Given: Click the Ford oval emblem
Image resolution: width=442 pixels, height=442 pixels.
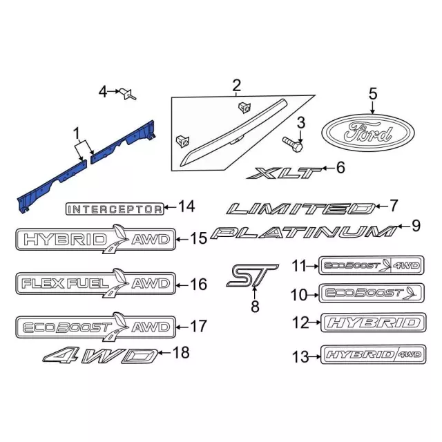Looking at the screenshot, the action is click(x=368, y=133).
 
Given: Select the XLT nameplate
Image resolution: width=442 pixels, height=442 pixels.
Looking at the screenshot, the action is click(x=284, y=173).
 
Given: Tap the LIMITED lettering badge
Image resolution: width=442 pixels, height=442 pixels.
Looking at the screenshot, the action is click(x=301, y=209).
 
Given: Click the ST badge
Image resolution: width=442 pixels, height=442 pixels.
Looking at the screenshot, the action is click(x=252, y=276).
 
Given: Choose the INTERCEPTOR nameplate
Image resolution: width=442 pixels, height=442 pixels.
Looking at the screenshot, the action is click(x=115, y=209).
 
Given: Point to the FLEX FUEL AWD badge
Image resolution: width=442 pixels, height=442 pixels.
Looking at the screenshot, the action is click(x=95, y=283).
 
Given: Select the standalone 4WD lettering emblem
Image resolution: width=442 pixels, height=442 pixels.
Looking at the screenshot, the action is click(x=100, y=356).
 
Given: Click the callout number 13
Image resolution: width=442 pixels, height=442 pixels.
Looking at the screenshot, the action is click(x=300, y=357).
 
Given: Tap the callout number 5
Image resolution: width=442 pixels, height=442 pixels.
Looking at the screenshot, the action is click(x=373, y=94).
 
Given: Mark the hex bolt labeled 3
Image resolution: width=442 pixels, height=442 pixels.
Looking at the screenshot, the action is click(x=292, y=144).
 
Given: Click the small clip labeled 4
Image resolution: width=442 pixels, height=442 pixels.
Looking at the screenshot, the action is click(x=128, y=94).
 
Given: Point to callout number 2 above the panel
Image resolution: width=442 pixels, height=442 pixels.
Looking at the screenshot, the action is click(x=236, y=85).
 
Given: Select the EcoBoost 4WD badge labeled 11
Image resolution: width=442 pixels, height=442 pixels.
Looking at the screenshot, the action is click(x=372, y=265).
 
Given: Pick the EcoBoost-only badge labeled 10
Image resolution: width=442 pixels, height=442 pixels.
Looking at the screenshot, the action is click(x=372, y=293).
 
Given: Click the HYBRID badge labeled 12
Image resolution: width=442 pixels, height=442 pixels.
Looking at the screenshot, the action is click(x=374, y=323).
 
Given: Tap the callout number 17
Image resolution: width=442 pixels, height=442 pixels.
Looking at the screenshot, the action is click(x=199, y=327).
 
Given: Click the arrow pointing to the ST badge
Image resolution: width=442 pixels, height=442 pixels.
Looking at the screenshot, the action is click(x=254, y=292).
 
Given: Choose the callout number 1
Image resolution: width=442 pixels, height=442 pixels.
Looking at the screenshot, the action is click(x=77, y=133).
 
